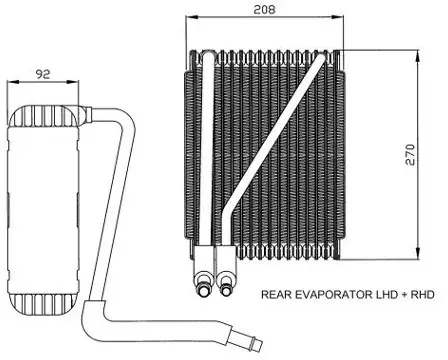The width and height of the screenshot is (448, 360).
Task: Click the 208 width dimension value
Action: click(264, 9)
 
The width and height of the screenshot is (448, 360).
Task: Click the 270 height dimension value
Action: click(410, 154)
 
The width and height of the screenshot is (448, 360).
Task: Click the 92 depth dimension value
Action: click(43, 74)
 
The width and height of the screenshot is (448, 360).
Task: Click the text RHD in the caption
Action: click(423, 294)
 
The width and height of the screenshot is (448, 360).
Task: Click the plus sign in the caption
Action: click(404, 295)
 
